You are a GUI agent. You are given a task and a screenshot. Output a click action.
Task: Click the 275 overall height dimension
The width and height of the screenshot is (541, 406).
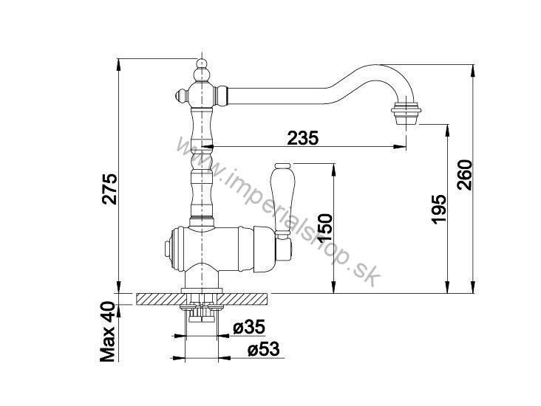109,189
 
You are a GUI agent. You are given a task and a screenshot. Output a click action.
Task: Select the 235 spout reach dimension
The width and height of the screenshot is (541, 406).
303,138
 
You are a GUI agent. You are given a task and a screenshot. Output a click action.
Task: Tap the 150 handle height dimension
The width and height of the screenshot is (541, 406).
324,227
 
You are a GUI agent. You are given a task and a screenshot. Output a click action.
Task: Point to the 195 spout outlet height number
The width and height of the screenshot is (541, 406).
439,210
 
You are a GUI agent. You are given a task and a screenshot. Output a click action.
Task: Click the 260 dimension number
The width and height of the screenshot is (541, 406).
464,175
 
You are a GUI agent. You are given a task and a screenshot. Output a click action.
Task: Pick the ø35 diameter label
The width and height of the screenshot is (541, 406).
249,327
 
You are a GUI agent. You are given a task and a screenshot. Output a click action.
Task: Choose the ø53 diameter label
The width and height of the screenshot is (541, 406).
264,350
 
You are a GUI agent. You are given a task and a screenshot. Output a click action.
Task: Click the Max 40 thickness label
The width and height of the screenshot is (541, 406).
108,331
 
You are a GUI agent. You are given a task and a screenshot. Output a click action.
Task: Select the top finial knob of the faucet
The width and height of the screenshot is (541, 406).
202,71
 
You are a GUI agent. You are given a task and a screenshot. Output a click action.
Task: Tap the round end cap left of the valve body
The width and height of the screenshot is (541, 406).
168,249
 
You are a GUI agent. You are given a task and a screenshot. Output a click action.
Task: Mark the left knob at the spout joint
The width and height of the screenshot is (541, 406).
182,94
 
